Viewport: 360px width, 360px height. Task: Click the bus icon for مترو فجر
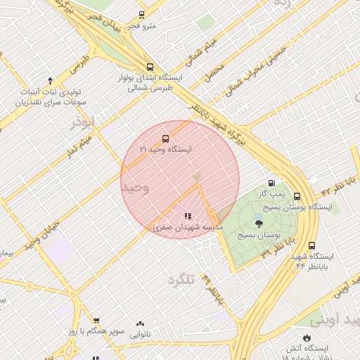pyautogui.click(x=141, y=14)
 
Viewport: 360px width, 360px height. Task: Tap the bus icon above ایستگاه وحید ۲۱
pyautogui.click(x=165, y=139)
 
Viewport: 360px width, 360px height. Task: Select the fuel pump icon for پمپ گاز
pyautogui.click(x=271, y=183)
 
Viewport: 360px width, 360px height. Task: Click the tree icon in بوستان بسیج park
pyautogui.click(x=259, y=224)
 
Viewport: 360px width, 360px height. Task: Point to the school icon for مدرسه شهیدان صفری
pyautogui.click(x=187, y=216)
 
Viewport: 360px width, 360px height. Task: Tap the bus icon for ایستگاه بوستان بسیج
pyautogui.click(x=297, y=197)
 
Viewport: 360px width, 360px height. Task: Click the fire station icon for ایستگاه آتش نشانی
pyautogui.click(x=305, y=338)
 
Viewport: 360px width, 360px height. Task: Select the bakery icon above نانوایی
pyautogui.click(x=140, y=324)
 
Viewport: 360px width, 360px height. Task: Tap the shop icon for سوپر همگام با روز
pyautogui.click(x=96, y=321)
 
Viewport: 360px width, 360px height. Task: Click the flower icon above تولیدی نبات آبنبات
pyautogui.click(x=50, y=81)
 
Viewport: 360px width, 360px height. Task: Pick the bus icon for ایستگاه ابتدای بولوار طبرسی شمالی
pyautogui.click(x=148, y=67)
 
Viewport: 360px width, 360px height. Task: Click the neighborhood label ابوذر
pyautogui.click(x=82, y=123)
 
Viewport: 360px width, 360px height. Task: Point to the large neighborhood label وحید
pyautogui.click(x=135, y=188)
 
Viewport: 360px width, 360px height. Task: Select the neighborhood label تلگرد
pyautogui.click(x=180, y=280)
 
